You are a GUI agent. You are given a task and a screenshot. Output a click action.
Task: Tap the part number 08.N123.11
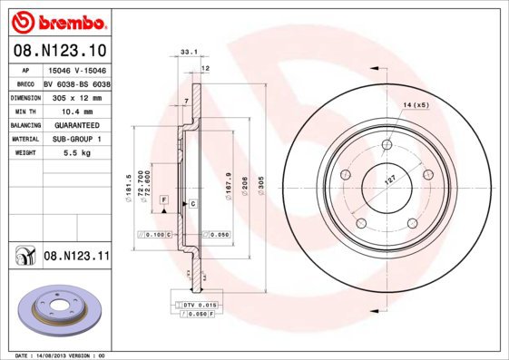point(76,258)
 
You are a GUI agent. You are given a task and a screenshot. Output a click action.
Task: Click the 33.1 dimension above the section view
point(188,53)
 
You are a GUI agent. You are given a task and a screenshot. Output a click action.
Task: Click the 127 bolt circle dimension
point(391,179)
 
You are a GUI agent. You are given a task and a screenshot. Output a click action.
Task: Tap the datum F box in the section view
point(164,199)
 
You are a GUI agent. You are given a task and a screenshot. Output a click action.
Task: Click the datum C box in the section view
point(192,205)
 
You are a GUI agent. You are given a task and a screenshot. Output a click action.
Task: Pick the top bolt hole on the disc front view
point(387,143)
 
